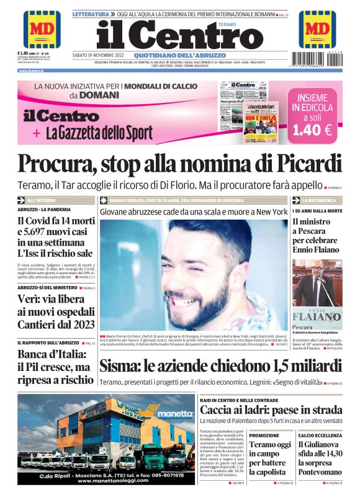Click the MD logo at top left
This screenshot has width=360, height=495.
click(42, 29)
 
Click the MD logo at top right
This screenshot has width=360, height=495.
click(317, 29)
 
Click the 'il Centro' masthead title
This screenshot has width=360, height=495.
click(180, 35)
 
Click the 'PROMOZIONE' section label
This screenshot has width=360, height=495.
click(264, 435)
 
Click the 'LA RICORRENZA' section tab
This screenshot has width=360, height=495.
click(319, 200)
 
